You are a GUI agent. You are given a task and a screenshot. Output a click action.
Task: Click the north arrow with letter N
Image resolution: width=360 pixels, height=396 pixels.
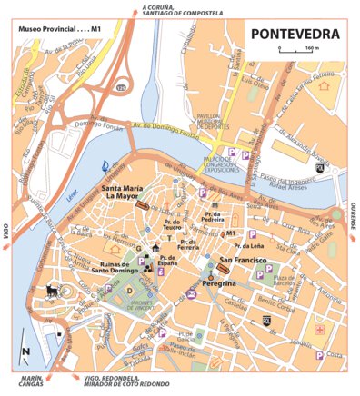[x=26, y=352]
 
